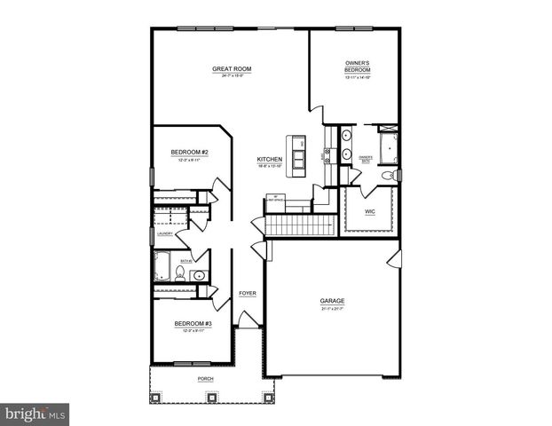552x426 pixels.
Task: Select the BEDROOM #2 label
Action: coord(189,152)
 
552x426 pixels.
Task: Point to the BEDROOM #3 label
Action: coord(192,323)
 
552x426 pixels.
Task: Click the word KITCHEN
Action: coord(270,160)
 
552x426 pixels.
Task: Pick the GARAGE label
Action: coord(333,301)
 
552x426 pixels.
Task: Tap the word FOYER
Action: coord(248,294)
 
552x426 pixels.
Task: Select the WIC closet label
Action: coord(370,213)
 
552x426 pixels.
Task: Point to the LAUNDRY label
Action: coord(165,234)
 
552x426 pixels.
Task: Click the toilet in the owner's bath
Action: coord(387,177)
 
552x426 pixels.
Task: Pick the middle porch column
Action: coord(212,397)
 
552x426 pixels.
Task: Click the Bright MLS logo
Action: coord(35,414)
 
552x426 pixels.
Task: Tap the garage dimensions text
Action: coord(333,309)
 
